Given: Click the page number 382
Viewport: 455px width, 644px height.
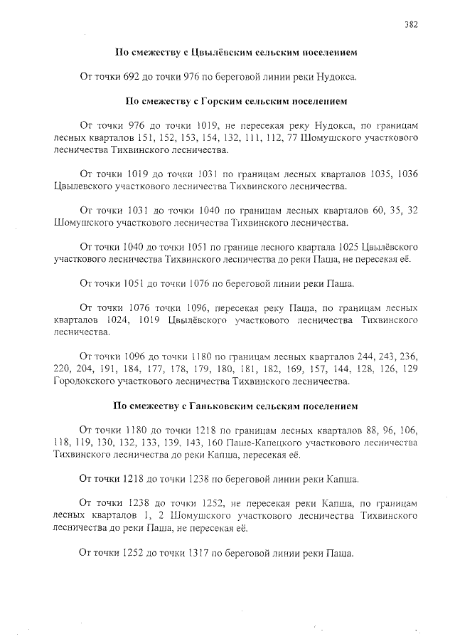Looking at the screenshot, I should (x=411, y=23).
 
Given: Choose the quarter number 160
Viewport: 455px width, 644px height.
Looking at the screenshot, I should (x=216, y=443).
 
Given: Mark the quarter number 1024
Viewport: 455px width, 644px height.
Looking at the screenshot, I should (x=114, y=320).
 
